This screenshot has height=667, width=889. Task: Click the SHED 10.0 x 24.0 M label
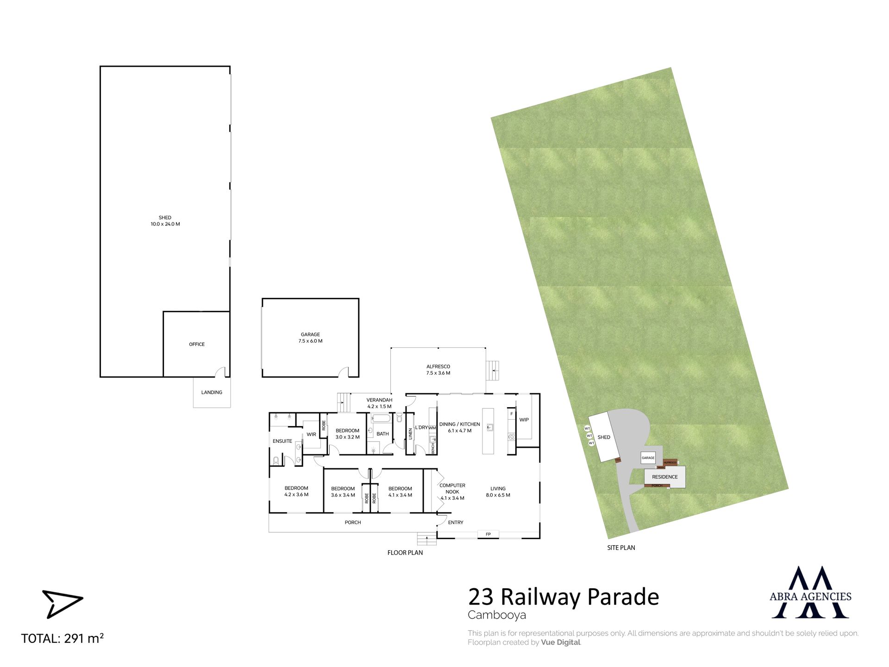[165, 221]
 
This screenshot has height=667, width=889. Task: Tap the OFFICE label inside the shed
[197, 344]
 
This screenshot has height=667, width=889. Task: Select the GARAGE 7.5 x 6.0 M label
[310, 338]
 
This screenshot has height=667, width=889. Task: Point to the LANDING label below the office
[212, 392]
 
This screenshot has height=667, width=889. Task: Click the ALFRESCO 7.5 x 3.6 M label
[438, 370]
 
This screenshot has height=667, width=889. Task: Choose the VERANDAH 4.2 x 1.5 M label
[379, 403]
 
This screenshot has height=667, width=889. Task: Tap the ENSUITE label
[282, 441]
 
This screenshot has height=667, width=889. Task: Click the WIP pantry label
[524, 420]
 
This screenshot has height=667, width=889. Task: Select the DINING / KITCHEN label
[460, 424]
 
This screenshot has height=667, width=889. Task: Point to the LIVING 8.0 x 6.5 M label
[498, 492]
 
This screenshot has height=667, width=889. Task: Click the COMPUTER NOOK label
[452, 489]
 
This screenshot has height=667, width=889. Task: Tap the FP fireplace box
[488, 534]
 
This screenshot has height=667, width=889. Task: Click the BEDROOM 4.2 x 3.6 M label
[296, 491]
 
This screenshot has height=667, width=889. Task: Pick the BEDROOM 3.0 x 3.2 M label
[348, 434]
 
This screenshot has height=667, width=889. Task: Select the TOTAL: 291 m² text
[63, 638]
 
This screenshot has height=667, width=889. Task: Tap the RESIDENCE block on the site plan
[665, 477]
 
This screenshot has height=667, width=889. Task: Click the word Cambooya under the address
[497, 615]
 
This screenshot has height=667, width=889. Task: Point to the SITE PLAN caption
[621, 547]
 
